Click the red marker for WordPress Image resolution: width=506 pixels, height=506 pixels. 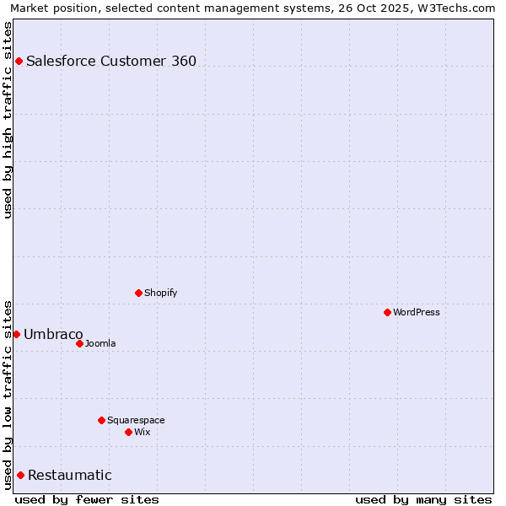(x=387, y=312)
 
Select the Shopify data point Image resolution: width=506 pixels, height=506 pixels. (x=138, y=293)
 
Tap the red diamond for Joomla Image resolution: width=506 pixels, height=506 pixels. (x=79, y=343)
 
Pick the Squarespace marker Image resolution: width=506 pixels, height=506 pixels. (x=101, y=420)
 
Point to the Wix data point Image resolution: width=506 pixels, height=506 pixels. (x=128, y=432)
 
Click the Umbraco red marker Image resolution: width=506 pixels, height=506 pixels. (x=16, y=334)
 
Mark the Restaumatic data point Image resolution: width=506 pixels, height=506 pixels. (x=20, y=475)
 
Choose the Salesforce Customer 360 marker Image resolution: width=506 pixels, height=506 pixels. (x=19, y=61)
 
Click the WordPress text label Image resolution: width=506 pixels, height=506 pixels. (x=417, y=312)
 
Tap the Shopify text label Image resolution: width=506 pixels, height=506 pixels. (x=160, y=293)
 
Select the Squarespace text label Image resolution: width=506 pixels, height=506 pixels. (x=136, y=420)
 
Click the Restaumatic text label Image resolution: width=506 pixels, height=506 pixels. (x=69, y=475)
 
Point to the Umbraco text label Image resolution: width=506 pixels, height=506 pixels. (x=53, y=334)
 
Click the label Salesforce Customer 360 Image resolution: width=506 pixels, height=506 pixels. (x=111, y=61)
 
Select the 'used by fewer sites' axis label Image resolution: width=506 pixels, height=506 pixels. (x=87, y=499)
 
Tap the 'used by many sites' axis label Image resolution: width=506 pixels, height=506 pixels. (x=423, y=499)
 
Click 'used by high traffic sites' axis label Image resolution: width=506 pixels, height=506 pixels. (x=8, y=119)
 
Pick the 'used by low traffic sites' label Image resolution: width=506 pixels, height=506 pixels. (x=8, y=394)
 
